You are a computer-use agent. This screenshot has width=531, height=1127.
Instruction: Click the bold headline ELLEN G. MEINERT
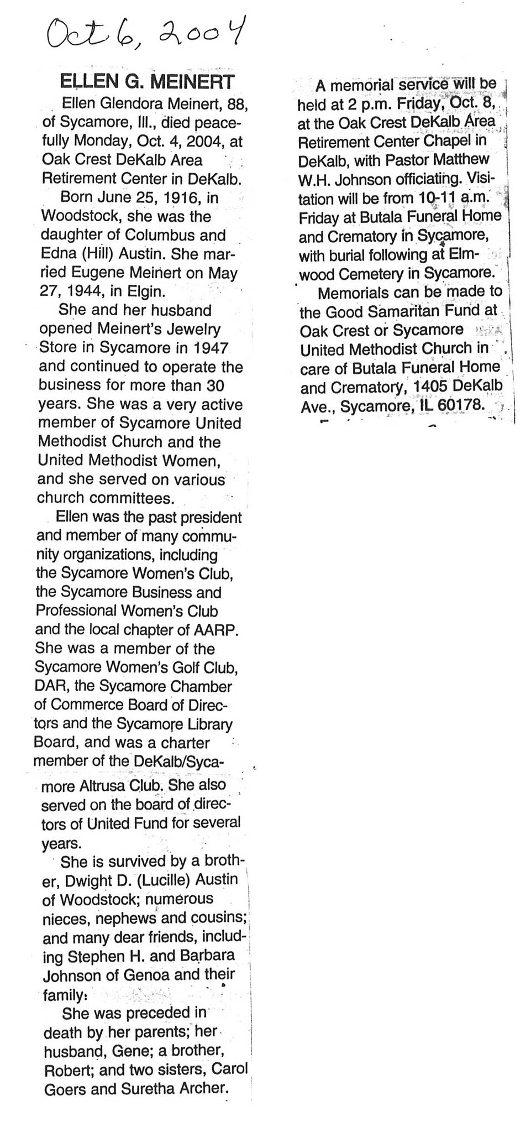click(147, 82)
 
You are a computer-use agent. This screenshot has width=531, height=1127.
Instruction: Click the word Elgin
click(146, 291)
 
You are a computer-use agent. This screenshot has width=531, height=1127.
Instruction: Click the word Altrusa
click(117, 785)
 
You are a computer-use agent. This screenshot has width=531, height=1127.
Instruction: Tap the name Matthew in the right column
click(461, 160)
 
